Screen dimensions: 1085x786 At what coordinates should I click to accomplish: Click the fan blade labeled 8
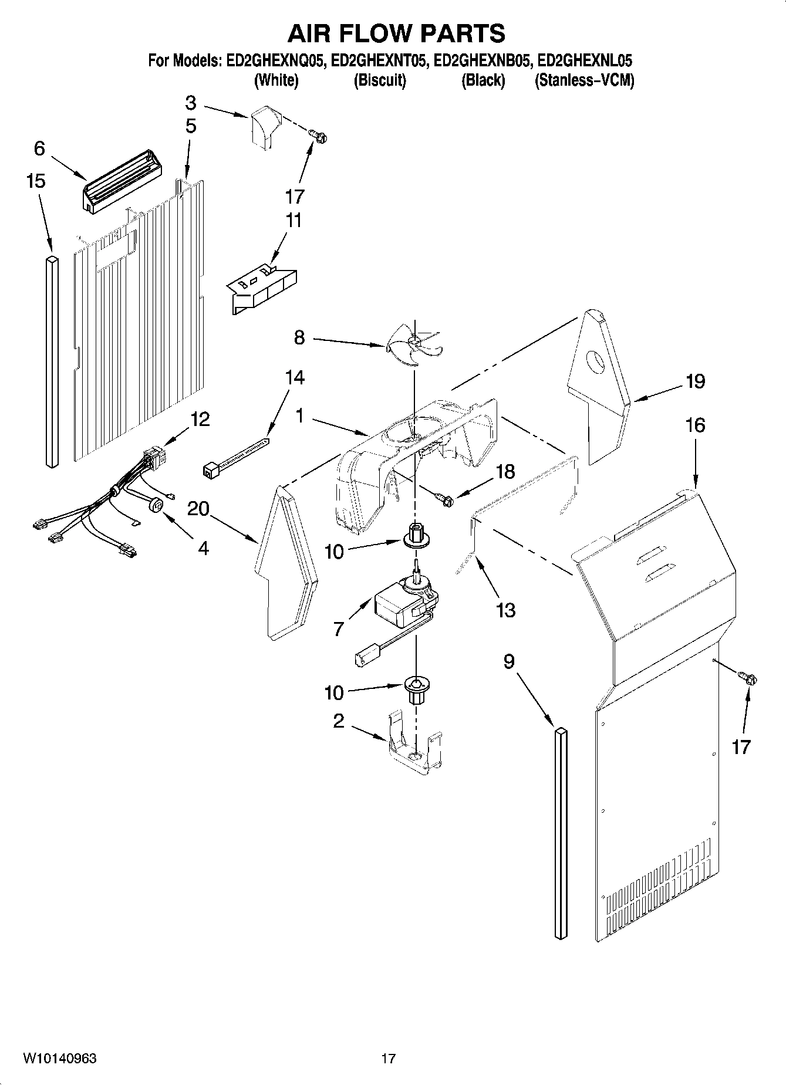tap(414, 346)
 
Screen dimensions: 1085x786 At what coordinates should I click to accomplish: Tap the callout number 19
tap(695, 382)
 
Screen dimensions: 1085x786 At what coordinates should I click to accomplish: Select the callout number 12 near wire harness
tap(200, 420)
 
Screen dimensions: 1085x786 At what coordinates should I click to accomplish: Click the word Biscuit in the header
tap(379, 80)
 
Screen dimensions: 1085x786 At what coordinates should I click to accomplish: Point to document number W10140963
tap(60, 1059)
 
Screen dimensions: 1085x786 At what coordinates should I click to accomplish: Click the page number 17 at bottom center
tap(388, 1059)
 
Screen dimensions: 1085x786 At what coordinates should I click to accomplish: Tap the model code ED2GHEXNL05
tap(585, 60)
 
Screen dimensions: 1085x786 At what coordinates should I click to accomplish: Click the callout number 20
tap(198, 508)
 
